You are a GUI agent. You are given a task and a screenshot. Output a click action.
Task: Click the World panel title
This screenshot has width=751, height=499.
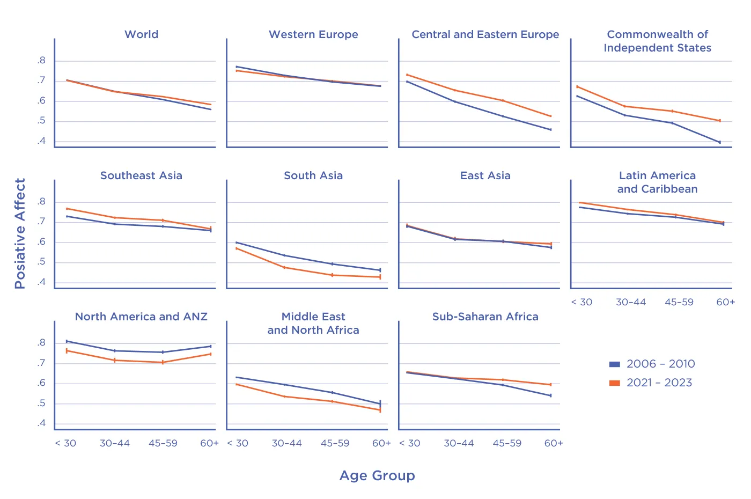[x=142, y=34]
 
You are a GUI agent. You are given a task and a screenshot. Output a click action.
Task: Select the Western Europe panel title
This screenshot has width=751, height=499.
[x=313, y=34]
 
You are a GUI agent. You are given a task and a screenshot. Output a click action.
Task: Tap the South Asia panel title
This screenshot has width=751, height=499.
[x=313, y=175]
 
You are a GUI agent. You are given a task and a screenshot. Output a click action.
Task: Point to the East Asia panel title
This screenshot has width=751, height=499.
[x=485, y=175]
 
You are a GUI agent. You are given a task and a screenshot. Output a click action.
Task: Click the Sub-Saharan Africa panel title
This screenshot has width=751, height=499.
[x=485, y=317]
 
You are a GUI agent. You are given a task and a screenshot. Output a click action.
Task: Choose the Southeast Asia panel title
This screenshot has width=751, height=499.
[x=142, y=175]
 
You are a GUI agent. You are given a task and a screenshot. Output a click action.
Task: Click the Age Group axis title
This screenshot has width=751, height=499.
[x=377, y=475]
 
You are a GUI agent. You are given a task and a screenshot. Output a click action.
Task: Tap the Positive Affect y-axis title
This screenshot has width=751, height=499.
[x=20, y=233]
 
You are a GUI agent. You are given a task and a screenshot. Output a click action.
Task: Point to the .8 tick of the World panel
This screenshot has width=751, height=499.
[x=41, y=61]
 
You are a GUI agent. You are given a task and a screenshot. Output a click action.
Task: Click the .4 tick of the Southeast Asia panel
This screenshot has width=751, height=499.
[x=41, y=282]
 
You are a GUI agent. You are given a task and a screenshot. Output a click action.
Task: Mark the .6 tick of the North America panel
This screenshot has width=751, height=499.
[x=41, y=383]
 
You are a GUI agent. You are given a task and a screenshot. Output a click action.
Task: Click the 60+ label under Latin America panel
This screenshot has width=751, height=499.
[x=726, y=302]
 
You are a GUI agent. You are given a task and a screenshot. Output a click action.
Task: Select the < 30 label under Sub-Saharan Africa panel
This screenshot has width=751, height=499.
[x=410, y=443]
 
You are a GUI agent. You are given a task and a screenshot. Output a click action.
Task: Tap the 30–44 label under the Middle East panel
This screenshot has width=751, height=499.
[x=287, y=443]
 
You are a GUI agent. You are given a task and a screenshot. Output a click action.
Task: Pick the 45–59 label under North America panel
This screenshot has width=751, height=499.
[x=163, y=443]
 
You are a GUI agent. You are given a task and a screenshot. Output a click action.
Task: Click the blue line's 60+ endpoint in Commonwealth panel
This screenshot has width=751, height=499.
[x=720, y=142]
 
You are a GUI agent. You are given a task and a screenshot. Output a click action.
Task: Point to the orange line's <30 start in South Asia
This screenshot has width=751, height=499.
[x=237, y=248]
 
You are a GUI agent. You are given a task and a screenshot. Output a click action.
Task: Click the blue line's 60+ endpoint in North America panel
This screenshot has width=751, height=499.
[x=210, y=346]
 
